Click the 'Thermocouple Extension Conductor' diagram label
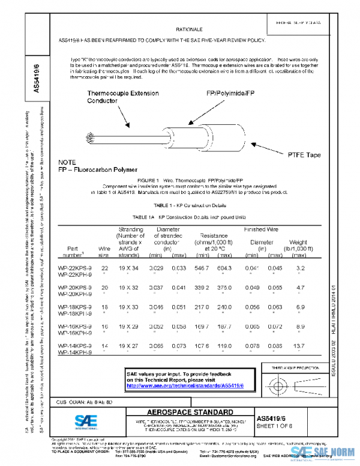point(123,97)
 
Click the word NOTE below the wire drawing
point(67,163)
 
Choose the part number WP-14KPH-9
point(74,353)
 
